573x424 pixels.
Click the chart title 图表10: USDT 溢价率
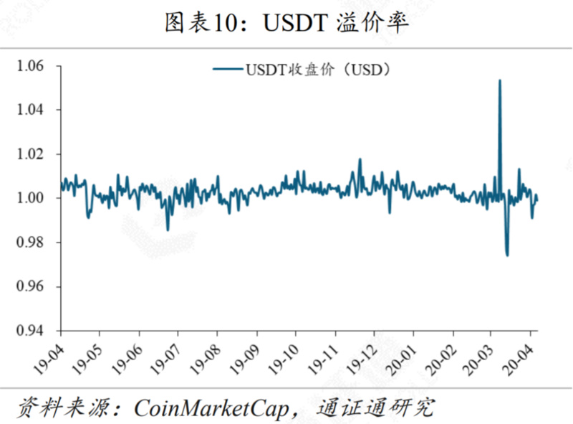click(x=286, y=23)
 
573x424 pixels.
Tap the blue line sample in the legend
click(x=228, y=69)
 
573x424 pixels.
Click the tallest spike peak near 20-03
click(x=499, y=80)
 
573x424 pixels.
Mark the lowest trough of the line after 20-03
click(x=507, y=255)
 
